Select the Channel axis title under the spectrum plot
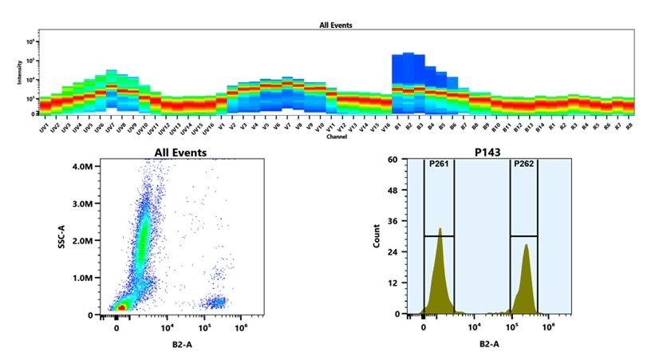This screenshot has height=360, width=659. tap(336, 136)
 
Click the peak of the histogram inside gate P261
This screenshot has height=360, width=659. tap(440, 230)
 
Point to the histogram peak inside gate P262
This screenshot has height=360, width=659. tap(527, 246)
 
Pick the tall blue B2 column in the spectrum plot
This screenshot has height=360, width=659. tap(408, 72)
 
